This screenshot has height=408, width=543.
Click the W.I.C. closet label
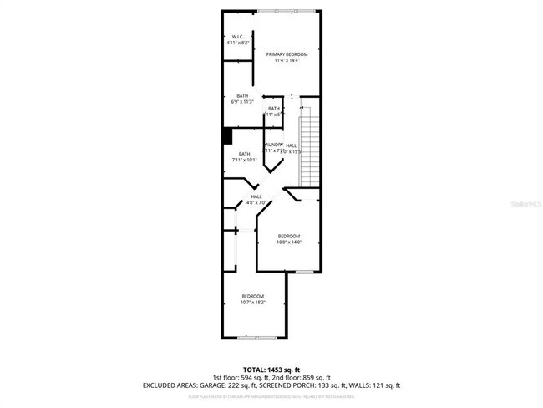[237, 38]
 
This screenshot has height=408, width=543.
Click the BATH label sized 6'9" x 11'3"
[242, 95]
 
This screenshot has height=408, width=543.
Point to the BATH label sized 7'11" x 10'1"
[244, 154]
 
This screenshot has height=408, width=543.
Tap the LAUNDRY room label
[274, 145]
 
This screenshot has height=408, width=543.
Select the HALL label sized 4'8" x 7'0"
[256, 197]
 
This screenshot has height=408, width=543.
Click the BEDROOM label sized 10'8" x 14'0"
[289, 237]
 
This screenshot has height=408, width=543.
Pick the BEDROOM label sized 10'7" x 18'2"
[253, 296]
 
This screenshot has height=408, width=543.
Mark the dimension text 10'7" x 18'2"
[253, 303]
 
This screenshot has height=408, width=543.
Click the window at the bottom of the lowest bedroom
[254, 338]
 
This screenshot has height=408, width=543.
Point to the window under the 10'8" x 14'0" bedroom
[304, 273]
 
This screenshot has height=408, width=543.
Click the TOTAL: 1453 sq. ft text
[271, 369]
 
